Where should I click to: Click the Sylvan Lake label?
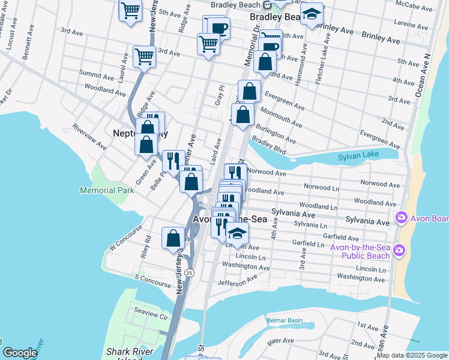click(360, 157)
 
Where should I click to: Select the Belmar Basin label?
click(285, 320)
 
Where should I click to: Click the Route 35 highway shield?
click(189, 272)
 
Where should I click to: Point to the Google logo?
click(20, 353)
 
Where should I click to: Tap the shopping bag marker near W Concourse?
click(173, 238)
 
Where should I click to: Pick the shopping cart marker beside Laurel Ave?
click(144, 56)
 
